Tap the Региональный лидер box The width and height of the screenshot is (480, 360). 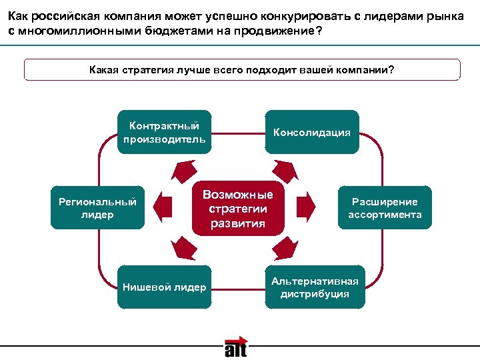tap(97, 208)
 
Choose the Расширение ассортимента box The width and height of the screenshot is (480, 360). tap(385, 208)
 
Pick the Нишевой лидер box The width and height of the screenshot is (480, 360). tap(164, 287)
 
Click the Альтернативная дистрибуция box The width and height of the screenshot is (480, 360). tap(315, 287)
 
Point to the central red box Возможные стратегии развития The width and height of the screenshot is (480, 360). tap(238, 208)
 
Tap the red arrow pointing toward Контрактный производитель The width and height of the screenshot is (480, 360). tap(181, 171)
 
